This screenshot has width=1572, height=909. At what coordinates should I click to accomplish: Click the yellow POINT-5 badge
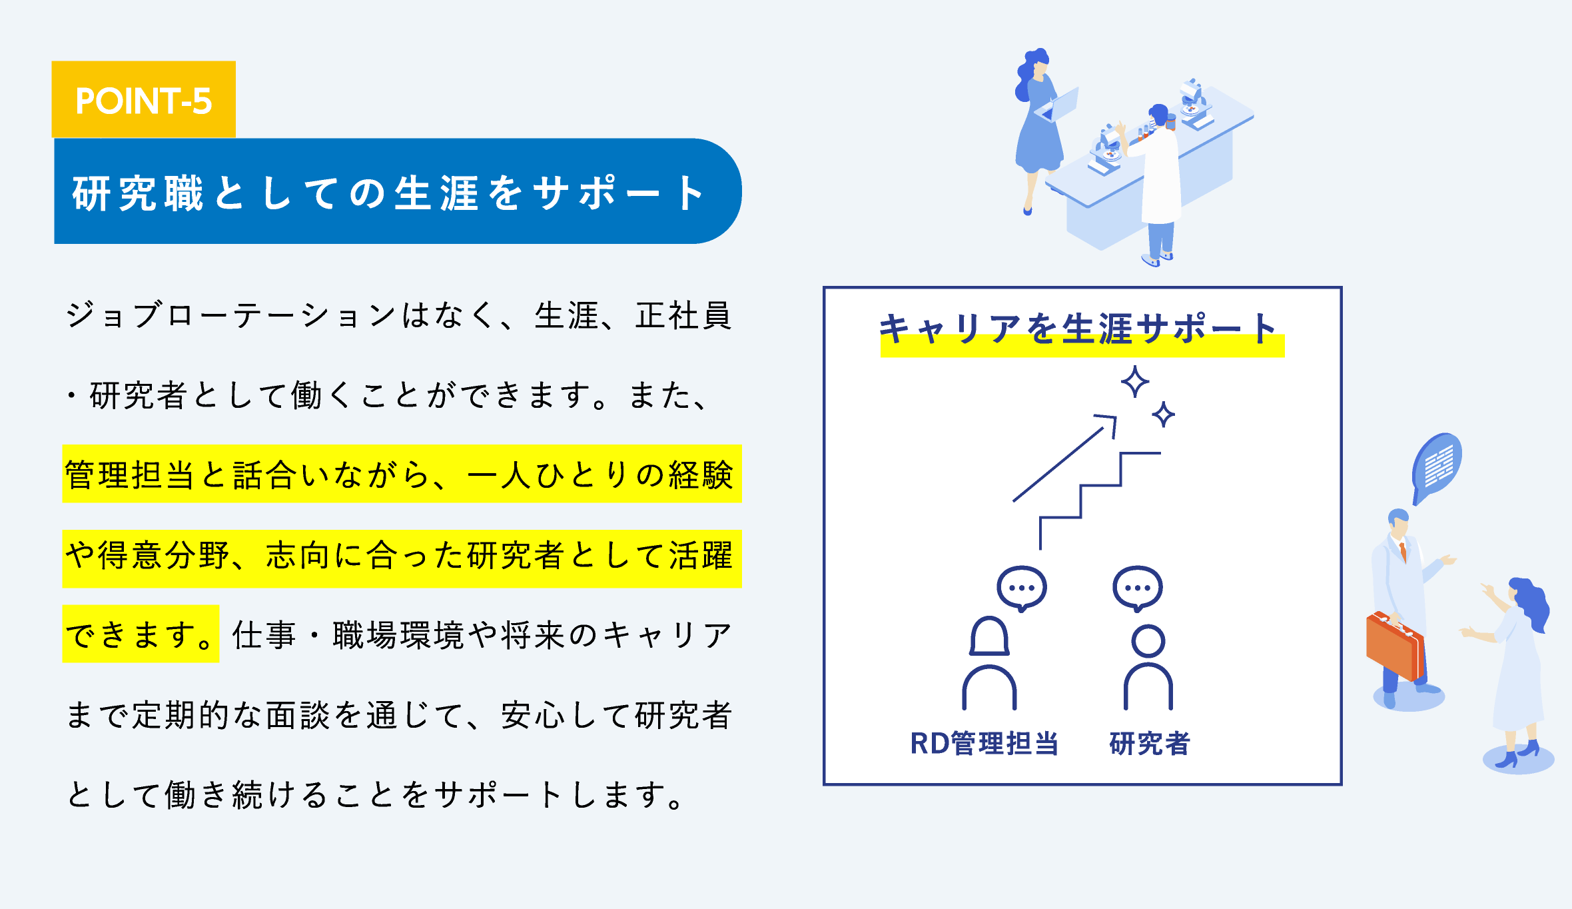tap(144, 100)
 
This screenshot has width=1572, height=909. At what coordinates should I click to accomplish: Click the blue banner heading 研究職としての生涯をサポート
tap(398, 191)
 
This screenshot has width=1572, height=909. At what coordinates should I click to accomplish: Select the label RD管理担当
tap(984, 743)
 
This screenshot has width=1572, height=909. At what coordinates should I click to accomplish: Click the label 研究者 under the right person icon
tap(1150, 743)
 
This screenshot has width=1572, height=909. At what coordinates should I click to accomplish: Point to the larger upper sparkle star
tap(1135, 382)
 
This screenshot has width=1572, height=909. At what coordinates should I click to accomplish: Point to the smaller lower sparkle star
tap(1164, 415)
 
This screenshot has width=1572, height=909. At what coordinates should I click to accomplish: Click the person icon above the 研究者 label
tap(1148, 666)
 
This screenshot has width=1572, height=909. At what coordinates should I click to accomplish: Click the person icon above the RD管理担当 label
tap(989, 663)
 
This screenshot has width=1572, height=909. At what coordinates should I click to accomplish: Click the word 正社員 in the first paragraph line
tap(683, 315)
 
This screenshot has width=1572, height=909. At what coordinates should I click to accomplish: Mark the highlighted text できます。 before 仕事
tap(141, 634)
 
